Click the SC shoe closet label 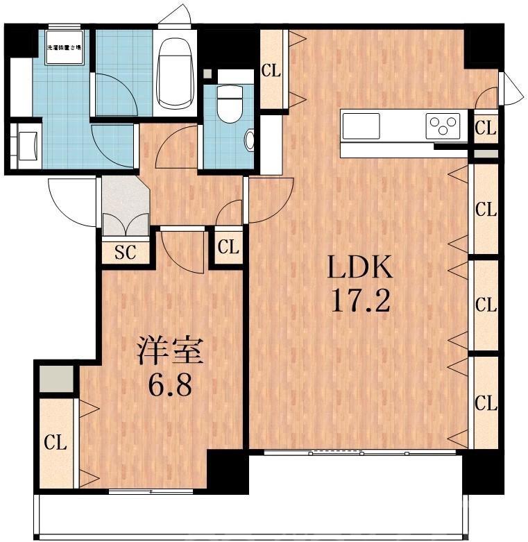tap(125, 253)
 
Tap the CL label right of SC tap(228, 247)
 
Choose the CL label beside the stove tap(486, 128)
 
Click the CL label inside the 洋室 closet tap(56, 443)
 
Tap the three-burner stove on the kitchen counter tap(443, 126)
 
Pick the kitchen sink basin tap(361, 126)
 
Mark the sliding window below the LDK tap(359, 452)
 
